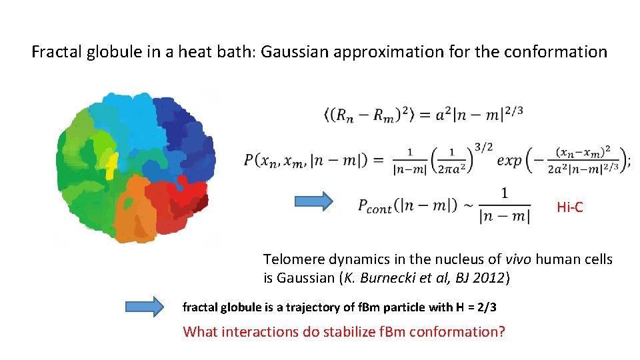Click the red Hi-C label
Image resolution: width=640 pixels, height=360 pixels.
point(569,207)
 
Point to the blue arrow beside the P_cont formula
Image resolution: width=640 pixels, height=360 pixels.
point(314,201)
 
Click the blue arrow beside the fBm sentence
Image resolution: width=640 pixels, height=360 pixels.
point(144,307)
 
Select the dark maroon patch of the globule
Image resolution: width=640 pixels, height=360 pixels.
point(199,203)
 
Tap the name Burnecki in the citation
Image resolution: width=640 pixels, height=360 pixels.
point(386,278)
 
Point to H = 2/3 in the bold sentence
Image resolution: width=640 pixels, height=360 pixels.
point(475,307)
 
